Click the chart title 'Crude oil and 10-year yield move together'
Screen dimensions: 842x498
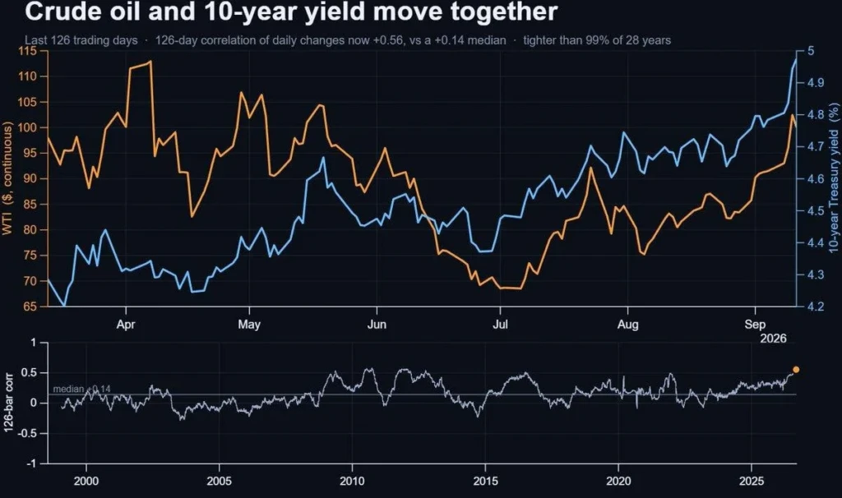291,12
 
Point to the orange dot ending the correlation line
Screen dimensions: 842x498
796,369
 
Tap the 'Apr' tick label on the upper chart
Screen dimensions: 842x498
126,324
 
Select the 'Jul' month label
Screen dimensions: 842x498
500,324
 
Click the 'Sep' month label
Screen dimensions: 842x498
755,324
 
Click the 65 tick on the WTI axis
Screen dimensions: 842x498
30,307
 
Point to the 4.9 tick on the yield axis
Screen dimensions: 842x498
816,83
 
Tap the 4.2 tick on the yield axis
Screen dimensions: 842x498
816,307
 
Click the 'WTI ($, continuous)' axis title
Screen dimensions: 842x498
7,178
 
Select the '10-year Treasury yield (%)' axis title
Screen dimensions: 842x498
833,178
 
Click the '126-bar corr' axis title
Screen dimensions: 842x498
8,403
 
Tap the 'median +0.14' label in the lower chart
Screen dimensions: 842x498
81,389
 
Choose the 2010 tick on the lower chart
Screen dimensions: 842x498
352,481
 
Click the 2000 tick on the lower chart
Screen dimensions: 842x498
86,481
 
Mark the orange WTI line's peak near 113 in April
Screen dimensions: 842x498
150,61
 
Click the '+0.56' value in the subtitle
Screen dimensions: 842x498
389,40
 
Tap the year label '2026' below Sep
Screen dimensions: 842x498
773,338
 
